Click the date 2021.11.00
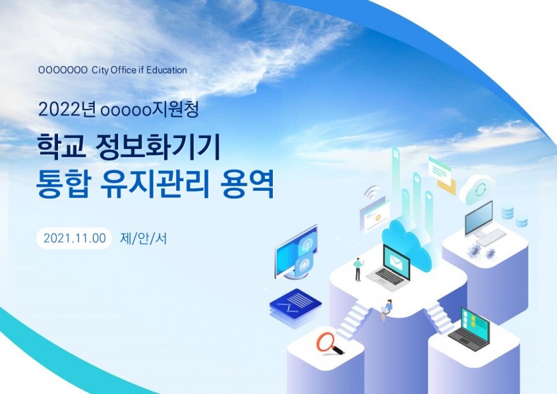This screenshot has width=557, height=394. (x=75, y=238)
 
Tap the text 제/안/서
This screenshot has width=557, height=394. (x=143, y=238)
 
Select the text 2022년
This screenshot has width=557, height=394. (x=67, y=110)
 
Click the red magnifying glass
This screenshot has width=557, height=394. (x=330, y=343)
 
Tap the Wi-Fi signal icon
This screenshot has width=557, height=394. (x=372, y=194)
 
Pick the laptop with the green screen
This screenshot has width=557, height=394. (x=470, y=327)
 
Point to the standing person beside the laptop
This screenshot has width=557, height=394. (x=358, y=269)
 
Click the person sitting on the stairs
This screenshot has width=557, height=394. (x=386, y=309)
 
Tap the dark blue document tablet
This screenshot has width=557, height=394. (x=296, y=304)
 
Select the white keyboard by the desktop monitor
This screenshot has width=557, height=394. (x=490, y=238)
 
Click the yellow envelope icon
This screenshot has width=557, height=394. (x=446, y=187)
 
